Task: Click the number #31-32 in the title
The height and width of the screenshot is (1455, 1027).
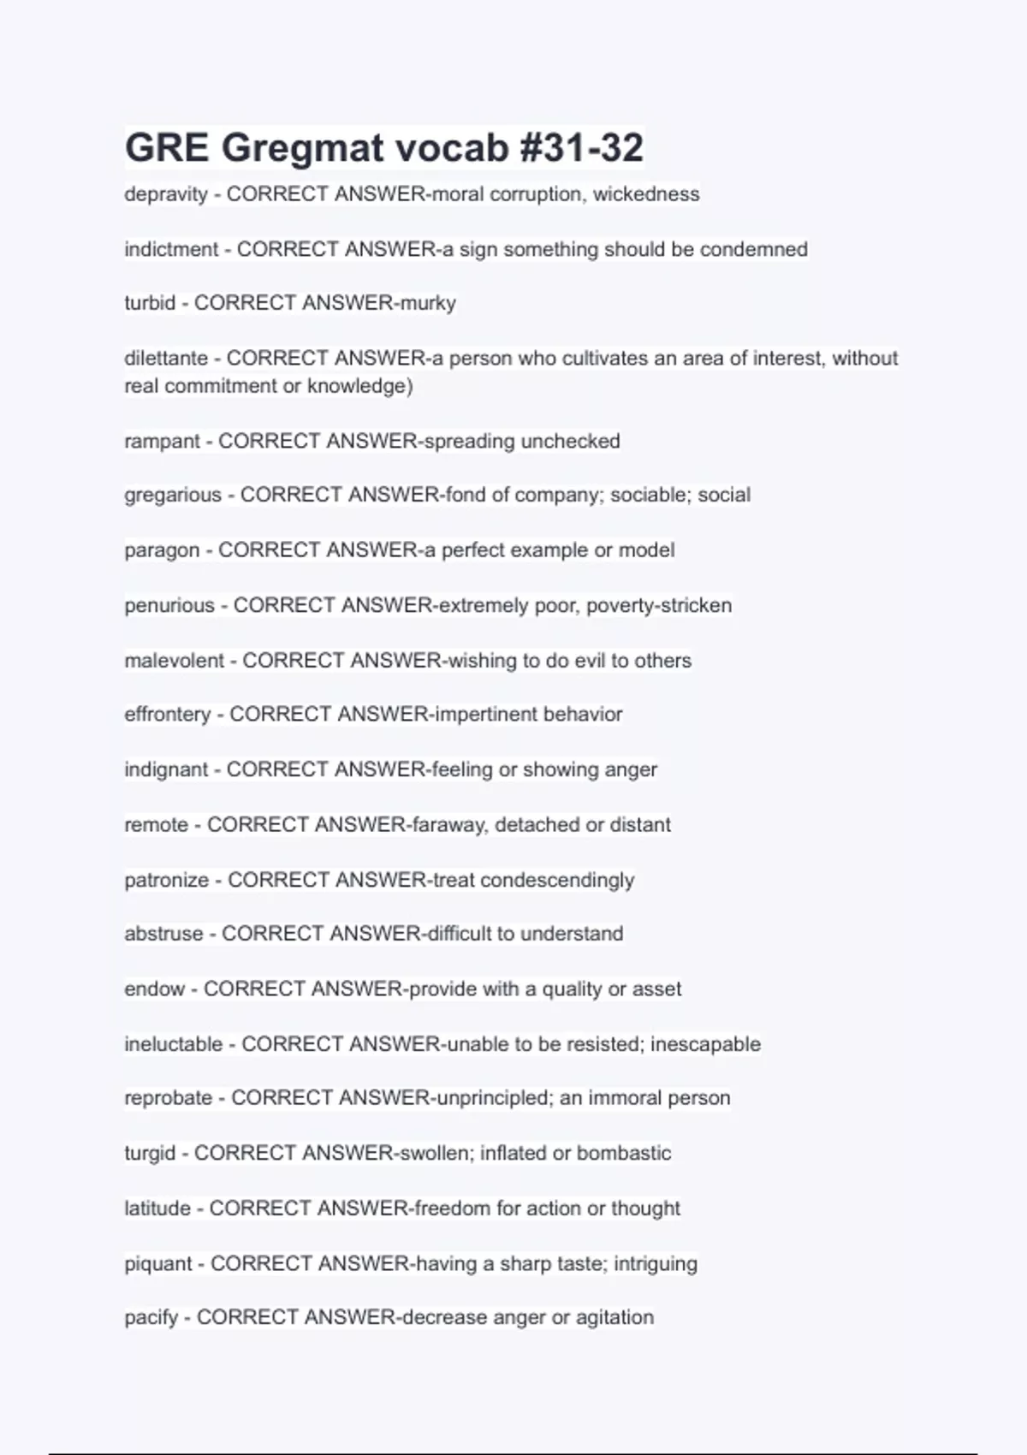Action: coord(581,147)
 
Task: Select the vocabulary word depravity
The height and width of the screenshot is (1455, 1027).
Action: coord(166,194)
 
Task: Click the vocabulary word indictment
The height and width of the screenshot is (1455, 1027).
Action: coord(171,249)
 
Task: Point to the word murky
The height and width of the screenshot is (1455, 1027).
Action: coord(427,303)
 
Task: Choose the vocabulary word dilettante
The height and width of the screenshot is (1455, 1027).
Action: coord(166,358)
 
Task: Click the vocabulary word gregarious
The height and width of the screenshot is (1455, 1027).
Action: coord(173,495)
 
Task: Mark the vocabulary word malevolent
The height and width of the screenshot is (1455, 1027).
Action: coord(174,660)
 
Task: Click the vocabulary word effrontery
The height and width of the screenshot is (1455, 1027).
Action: coord(167,714)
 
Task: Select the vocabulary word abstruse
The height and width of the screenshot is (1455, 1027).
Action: coord(163,933)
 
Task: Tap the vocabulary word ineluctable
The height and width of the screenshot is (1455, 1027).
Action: coord(173,1044)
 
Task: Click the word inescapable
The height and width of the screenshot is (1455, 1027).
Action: coord(705,1044)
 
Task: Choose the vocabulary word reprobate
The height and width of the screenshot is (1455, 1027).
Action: coord(168,1097)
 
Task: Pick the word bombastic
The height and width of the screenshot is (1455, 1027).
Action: coord(624,1153)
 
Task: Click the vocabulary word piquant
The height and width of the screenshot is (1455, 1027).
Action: coord(158,1263)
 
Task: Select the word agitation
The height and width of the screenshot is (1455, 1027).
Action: coord(614,1317)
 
